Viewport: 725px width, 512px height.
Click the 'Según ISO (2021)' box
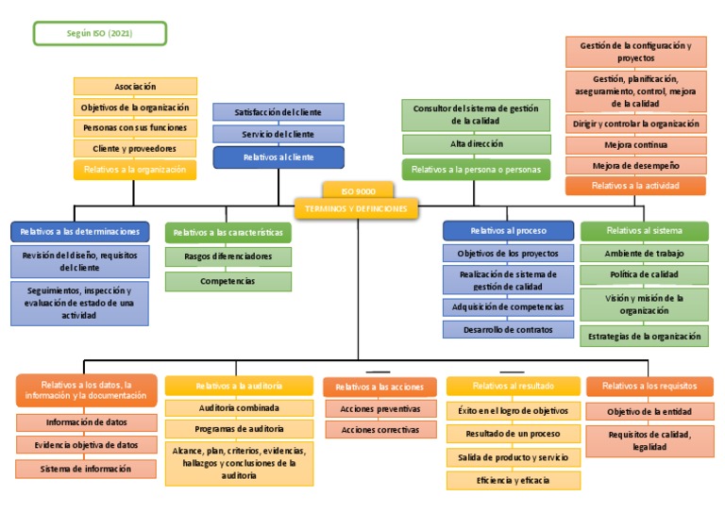point(100,34)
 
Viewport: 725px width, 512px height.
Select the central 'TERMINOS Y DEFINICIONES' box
point(357,207)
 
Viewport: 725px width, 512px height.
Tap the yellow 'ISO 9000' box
point(357,190)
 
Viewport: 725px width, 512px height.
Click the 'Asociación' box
point(135,87)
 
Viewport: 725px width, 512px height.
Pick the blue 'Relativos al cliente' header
point(278,157)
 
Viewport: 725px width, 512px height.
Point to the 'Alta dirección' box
point(476,144)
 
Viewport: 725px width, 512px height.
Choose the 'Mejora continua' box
point(635,145)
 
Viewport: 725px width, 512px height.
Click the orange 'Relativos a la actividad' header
point(635,186)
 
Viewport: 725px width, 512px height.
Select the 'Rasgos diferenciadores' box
point(228,256)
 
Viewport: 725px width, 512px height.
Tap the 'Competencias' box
point(228,281)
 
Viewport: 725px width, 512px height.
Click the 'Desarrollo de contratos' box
point(508,329)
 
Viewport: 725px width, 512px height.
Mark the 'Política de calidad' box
point(644,274)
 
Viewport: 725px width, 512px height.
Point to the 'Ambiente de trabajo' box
point(644,253)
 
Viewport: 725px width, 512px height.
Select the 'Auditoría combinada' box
point(239,408)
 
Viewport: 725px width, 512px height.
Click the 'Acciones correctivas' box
point(374,430)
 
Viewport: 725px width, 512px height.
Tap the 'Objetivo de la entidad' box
point(649,411)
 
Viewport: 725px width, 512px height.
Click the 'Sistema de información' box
point(86,469)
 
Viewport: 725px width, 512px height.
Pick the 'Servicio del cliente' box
point(278,134)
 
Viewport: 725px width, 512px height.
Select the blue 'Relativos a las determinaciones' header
point(79,231)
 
